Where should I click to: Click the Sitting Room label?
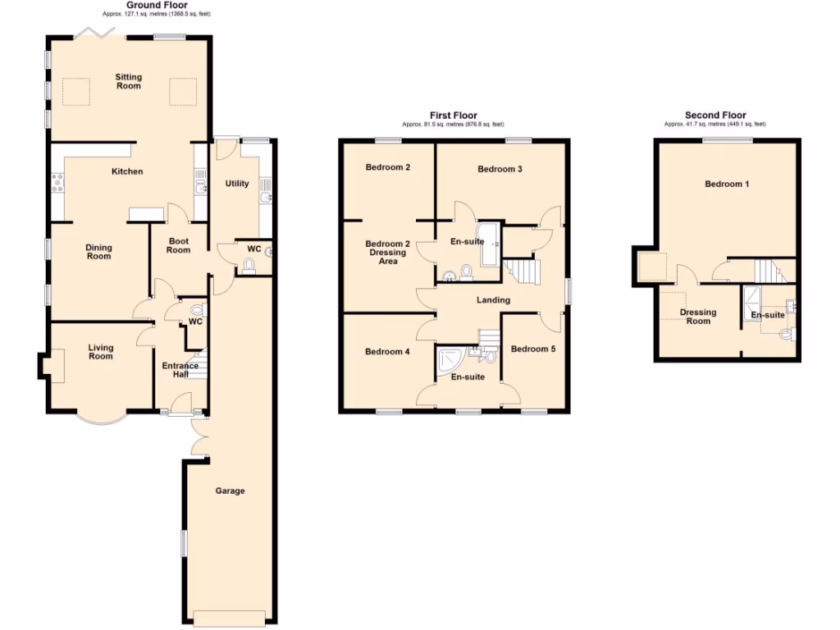pos(128,81)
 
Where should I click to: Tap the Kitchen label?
pos(127,171)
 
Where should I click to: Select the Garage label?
pos(231,491)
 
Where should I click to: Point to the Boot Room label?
pos(179,245)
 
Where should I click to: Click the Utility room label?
pos(237,184)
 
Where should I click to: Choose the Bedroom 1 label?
pos(727,184)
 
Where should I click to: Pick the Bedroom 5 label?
pos(533,349)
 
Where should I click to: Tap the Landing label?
pos(494,299)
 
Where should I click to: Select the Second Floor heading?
pos(714,116)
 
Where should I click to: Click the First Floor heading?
pos(453,116)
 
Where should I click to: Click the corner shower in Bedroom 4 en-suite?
pos(451,359)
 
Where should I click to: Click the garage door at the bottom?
pos(231,618)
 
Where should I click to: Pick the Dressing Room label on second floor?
pos(698,316)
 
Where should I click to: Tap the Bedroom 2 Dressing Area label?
pos(388,253)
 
